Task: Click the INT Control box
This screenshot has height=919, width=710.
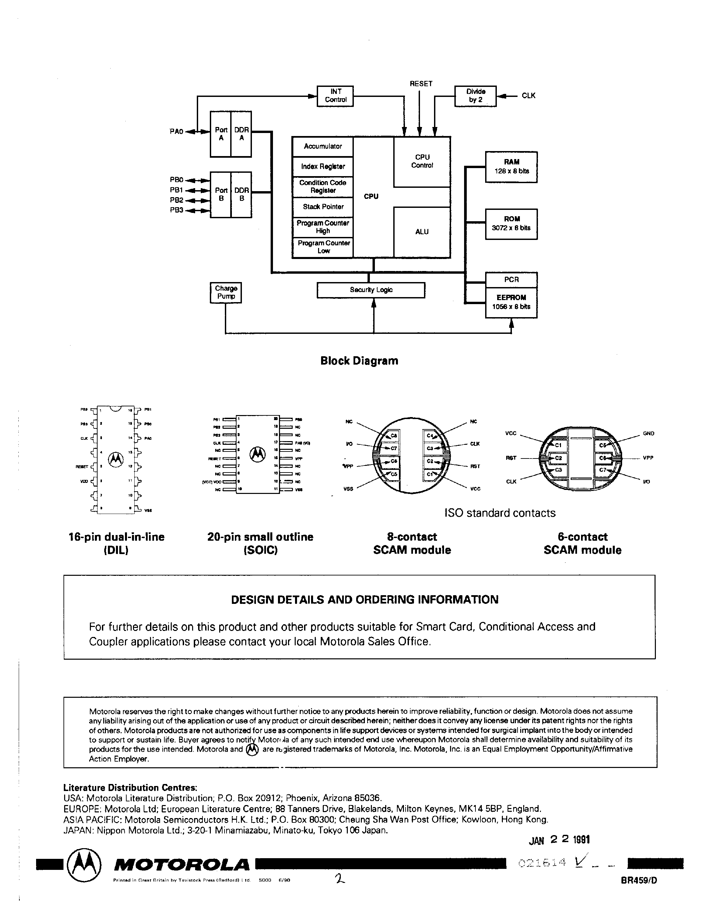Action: pyautogui.click(x=335, y=96)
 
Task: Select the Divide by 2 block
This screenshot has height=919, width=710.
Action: pyautogui.click(x=475, y=96)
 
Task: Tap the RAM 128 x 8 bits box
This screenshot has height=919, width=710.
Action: pyautogui.click(x=511, y=167)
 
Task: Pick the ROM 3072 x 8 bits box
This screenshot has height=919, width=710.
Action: pyautogui.click(x=511, y=224)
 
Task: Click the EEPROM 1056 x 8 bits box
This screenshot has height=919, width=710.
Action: pyautogui.click(x=511, y=302)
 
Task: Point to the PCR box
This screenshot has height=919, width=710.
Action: pyautogui.click(x=511, y=279)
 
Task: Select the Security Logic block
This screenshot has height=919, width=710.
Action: pyautogui.click(x=371, y=290)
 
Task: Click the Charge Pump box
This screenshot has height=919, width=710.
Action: pyautogui.click(x=226, y=292)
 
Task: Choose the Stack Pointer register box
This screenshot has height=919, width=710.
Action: pyautogui.click(x=323, y=207)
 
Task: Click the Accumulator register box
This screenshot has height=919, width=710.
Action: pyautogui.click(x=323, y=146)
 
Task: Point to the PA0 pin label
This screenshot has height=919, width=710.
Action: pyautogui.click(x=176, y=132)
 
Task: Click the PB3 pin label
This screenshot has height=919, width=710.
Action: pyautogui.click(x=176, y=210)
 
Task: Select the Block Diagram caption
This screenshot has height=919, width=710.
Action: pyautogui.click(x=359, y=361)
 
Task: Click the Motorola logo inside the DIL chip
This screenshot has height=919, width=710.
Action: pyautogui.click(x=116, y=459)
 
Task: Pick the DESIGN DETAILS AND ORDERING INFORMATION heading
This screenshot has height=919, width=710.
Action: pyautogui.click(x=365, y=600)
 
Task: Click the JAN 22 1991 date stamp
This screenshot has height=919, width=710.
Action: pyautogui.click(x=559, y=839)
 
